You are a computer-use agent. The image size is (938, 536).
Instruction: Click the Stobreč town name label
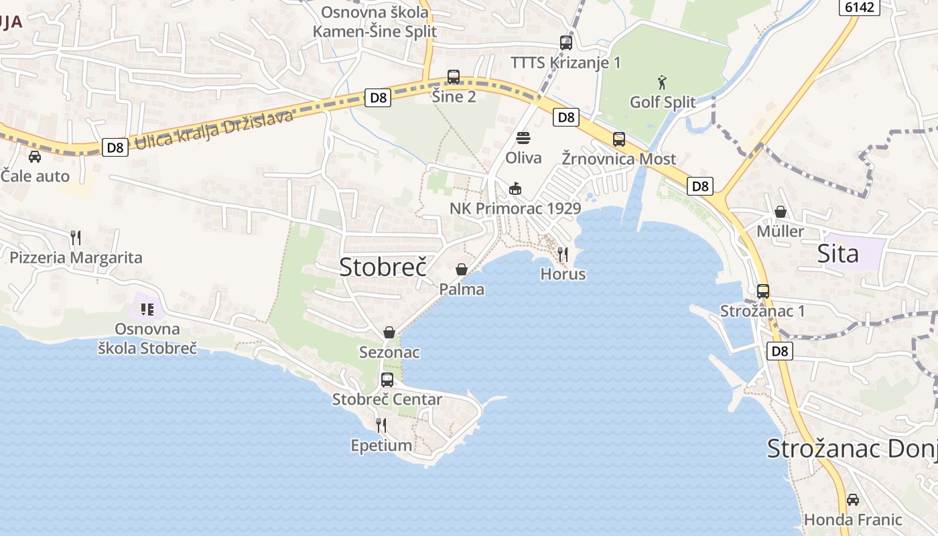click(x=383, y=266)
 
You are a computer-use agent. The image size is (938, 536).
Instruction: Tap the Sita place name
click(x=837, y=254)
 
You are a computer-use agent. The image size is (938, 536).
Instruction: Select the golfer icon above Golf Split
click(x=663, y=82)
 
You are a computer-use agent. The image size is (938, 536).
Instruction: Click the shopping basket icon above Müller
click(x=781, y=212)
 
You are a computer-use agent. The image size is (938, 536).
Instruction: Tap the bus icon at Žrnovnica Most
click(x=619, y=139)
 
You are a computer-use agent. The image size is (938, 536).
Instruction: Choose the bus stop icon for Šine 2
click(x=454, y=77)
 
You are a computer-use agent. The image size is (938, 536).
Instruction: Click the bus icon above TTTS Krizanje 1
click(x=566, y=43)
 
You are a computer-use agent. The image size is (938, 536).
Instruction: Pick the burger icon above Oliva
click(x=523, y=138)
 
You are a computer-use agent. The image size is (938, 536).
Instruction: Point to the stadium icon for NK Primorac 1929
click(x=515, y=188)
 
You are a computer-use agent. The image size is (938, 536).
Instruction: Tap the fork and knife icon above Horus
click(x=563, y=254)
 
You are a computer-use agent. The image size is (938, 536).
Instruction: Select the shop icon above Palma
click(x=462, y=269)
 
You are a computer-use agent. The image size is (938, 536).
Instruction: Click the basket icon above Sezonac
click(x=389, y=332)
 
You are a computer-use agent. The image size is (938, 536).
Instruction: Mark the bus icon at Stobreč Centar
click(x=387, y=379)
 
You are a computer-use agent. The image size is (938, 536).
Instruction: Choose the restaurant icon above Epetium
click(x=381, y=425)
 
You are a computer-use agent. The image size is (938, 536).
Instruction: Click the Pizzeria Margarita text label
click(x=76, y=257)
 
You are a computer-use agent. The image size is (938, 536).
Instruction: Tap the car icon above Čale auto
click(x=35, y=156)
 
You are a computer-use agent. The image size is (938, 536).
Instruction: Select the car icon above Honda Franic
click(x=852, y=499)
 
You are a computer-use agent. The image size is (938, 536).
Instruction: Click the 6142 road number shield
click(x=859, y=7)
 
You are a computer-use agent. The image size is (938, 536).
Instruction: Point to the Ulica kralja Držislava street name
click(x=214, y=130)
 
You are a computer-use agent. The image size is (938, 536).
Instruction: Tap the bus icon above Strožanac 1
click(x=763, y=291)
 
